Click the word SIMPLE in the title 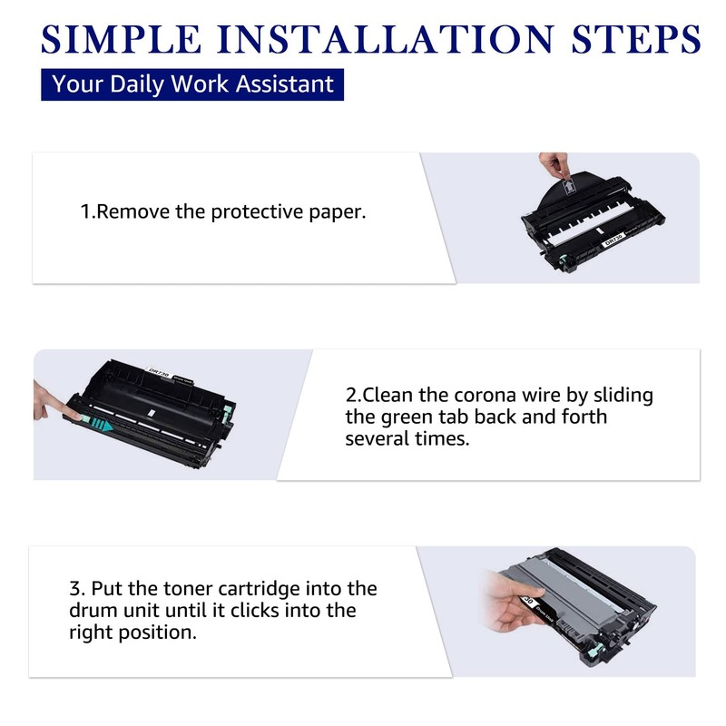tap(121, 39)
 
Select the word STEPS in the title tap(636, 39)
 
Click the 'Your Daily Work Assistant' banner tap(192, 84)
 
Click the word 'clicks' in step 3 tap(254, 610)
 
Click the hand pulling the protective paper tap(553, 165)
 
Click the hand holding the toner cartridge tap(514, 603)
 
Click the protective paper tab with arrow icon tap(569, 188)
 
